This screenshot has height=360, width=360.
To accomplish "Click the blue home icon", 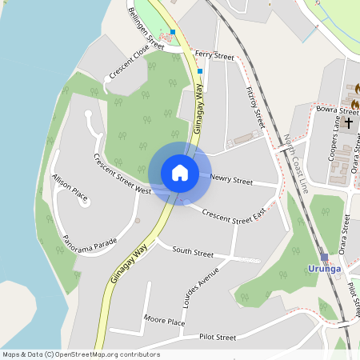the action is coord(180,172).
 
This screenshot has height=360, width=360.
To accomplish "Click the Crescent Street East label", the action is coord(234,214).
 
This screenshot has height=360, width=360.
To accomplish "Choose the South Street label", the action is coord(193,252).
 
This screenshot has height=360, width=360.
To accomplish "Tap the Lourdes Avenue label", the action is coord(200,286).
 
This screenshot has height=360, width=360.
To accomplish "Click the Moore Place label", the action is coord(164,321).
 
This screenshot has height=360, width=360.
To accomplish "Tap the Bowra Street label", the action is coord(337,109).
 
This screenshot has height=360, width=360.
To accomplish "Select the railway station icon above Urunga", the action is coord(324,257).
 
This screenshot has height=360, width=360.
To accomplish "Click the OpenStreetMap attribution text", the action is coord(81,354).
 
